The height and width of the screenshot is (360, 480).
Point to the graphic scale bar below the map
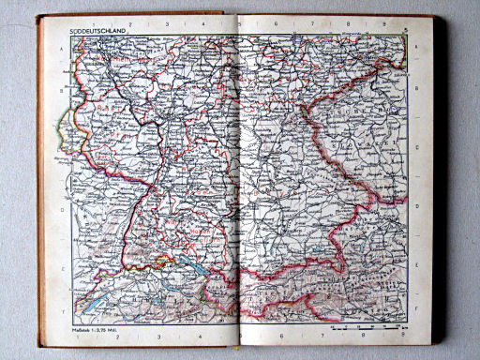366,328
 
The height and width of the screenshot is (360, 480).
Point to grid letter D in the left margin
63,209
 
